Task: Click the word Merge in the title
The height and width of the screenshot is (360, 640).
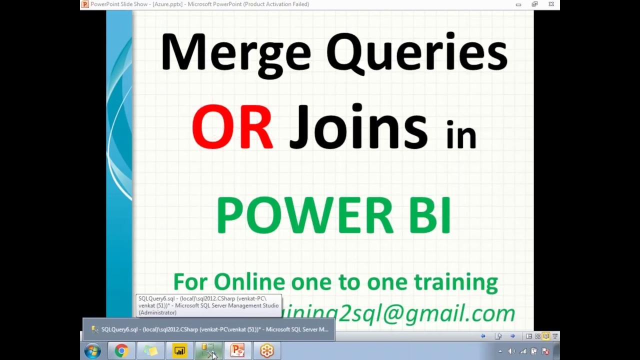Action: tap(235, 52)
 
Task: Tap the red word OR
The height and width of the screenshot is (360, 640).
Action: tap(232, 128)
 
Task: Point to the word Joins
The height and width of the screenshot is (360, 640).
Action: tap(358, 128)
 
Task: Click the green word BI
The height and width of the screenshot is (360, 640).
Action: tap(429, 215)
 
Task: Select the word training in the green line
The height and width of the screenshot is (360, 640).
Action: tap(455, 282)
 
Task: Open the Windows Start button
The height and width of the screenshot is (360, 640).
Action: tap(92, 351)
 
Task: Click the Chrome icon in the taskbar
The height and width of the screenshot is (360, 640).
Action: tap(121, 351)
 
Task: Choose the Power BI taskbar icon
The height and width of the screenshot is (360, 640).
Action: tap(179, 351)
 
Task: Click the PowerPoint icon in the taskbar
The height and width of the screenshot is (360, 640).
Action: tap(237, 351)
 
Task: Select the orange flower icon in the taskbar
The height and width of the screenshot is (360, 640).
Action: tap(266, 351)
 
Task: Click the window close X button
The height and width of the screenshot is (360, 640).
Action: tap(551, 4)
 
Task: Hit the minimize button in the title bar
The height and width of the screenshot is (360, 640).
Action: tap(518, 4)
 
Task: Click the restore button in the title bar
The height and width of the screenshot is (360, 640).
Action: tap(534, 4)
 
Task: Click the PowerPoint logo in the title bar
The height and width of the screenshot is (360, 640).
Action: tap(85, 4)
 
